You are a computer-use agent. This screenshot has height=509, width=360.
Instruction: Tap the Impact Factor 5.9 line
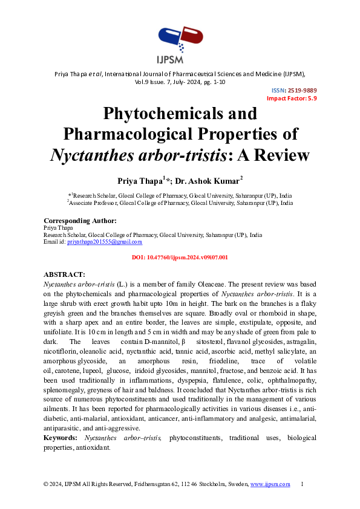click(292, 98)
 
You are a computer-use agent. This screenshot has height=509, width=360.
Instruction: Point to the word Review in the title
click(281, 155)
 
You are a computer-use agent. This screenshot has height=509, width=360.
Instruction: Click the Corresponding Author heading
click(80, 221)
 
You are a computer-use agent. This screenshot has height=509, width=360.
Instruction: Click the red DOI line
click(180, 258)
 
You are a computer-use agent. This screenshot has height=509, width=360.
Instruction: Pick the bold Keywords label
click(61, 437)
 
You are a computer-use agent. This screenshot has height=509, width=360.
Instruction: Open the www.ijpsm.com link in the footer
click(270, 484)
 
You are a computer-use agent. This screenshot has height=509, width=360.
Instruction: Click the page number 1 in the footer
click(302, 484)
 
